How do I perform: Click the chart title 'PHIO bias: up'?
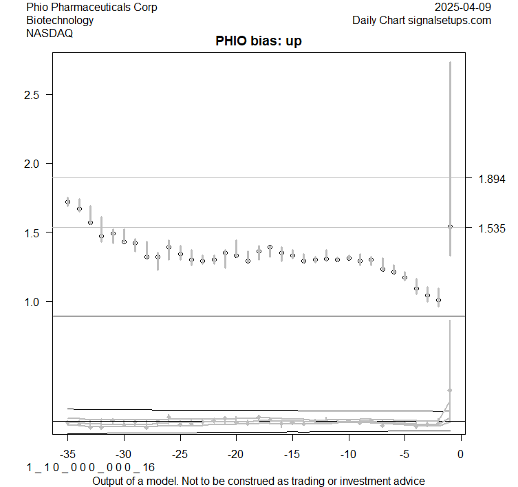(x=259, y=41)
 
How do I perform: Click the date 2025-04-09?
(x=464, y=8)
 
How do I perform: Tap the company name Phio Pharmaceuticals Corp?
(x=91, y=8)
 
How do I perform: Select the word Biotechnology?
(x=60, y=20)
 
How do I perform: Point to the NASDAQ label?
(x=50, y=32)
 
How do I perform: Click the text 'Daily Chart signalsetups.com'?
(x=422, y=20)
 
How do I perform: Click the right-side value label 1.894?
(x=492, y=179)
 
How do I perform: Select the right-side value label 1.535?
(x=492, y=228)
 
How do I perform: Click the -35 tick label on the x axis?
(x=67, y=454)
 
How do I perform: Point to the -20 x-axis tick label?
(x=236, y=454)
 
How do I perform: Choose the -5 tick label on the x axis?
(x=404, y=454)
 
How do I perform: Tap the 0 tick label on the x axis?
(x=460, y=454)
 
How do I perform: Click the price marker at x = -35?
(x=67, y=202)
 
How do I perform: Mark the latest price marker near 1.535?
(x=450, y=226)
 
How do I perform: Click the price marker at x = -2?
(x=438, y=301)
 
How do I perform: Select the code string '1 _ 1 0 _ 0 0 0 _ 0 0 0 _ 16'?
(x=91, y=468)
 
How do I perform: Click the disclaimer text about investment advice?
(x=259, y=480)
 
